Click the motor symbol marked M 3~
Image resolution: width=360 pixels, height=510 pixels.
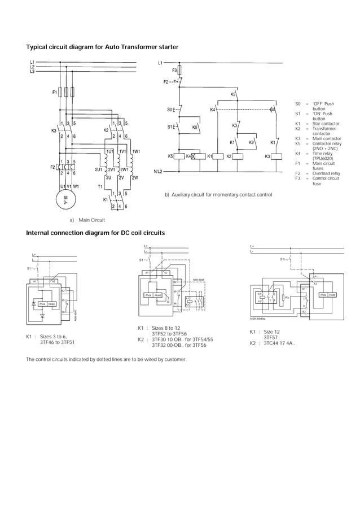point(65,200)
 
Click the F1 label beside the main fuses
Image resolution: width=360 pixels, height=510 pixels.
point(54,91)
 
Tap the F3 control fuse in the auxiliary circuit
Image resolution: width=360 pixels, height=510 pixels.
point(174,71)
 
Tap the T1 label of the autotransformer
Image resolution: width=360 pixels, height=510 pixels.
point(100,186)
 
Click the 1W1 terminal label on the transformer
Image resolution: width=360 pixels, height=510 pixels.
point(135,151)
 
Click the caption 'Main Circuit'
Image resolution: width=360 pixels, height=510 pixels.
point(93,221)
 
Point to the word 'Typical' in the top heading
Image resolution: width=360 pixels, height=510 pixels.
point(38,47)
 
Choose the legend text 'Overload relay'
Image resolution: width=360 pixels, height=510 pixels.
point(326,173)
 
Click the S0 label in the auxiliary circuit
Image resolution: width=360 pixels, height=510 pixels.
point(170,109)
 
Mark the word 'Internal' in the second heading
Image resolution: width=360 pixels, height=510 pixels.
point(40,233)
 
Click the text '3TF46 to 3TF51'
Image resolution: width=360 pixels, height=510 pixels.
point(58,342)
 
